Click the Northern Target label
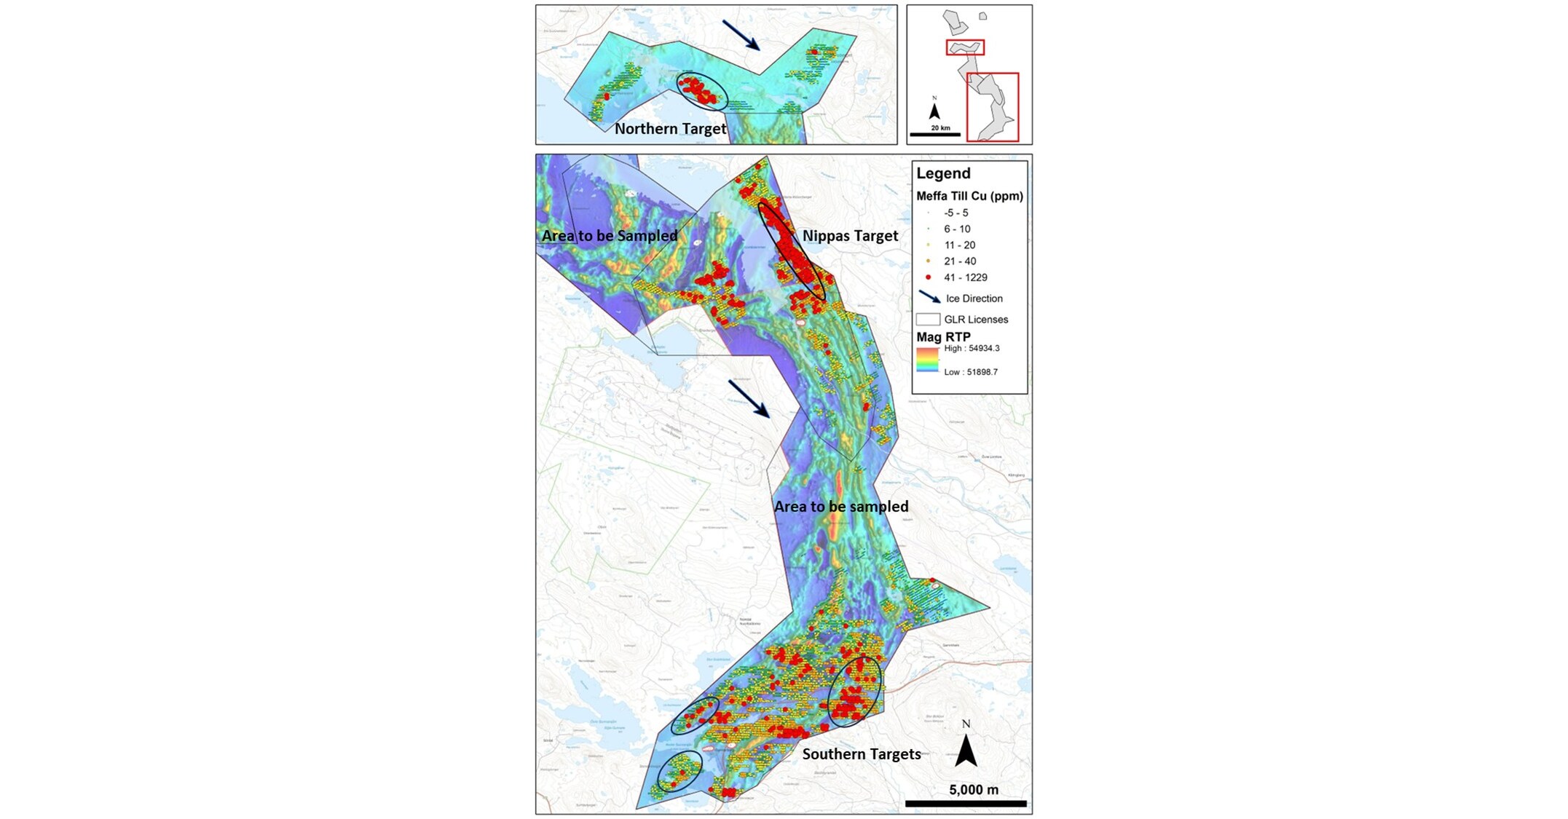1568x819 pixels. pyautogui.click(x=670, y=129)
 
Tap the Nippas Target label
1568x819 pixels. pyautogui.click(x=850, y=236)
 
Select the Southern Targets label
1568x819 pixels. pyautogui.click(x=861, y=754)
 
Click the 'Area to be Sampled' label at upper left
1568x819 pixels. pyautogui.click(x=610, y=236)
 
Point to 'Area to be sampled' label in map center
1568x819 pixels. pyautogui.click(x=840, y=507)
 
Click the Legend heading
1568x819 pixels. pyautogui.click(x=943, y=173)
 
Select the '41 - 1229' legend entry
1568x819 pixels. pyautogui.click(x=965, y=277)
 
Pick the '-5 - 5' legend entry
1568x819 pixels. pyautogui.click(x=956, y=213)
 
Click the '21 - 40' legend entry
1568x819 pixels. pyautogui.click(x=959, y=261)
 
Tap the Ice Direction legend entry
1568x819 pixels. pyautogui.click(x=973, y=298)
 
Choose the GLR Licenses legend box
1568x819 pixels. pyautogui.click(x=928, y=320)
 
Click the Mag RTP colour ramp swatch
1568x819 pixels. pyautogui.click(x=927, y=360)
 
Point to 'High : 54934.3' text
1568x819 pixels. pyautogui.click(x=972, y=349)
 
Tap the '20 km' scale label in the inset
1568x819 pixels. pyautogui.click(x=940, y=128)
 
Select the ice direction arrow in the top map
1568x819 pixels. pyautogui.click(x=741, y=35)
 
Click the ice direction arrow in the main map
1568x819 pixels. pyautogui.click(x=749, y=399)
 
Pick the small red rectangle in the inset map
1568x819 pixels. pyautogui.click(x=965, y=48)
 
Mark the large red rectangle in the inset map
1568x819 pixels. pyautogui.click(x=992, y=107)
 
